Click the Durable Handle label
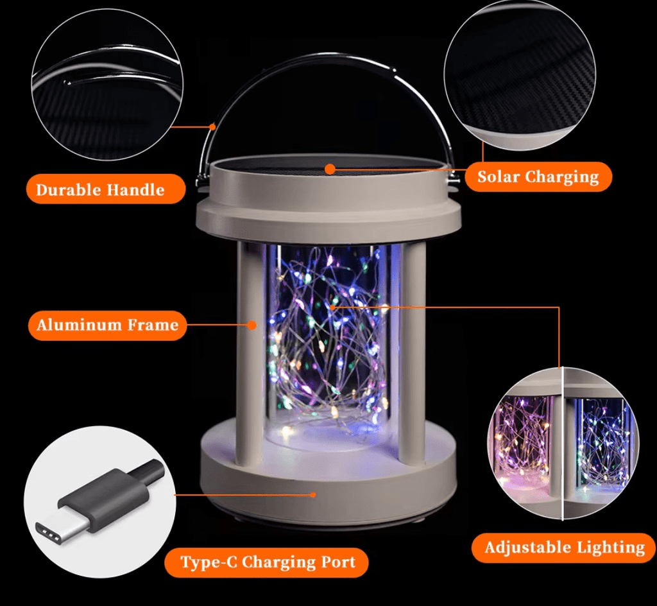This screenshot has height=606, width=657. point(101,189)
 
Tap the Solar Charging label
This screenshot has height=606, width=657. point(538,177)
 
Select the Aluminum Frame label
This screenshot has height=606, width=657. point(107,325)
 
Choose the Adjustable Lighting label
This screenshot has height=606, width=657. point(564,548)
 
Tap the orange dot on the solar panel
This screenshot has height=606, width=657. point(330,169)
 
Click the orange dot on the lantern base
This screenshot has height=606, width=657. point(313,494)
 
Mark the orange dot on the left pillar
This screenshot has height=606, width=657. point(252,325)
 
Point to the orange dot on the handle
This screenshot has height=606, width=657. point(212,126)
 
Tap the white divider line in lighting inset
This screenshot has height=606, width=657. point(563,443)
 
